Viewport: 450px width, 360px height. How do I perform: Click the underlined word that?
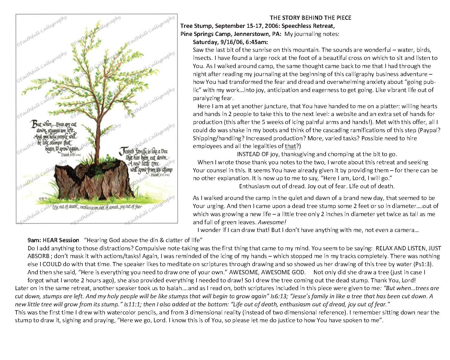pos(291,146)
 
